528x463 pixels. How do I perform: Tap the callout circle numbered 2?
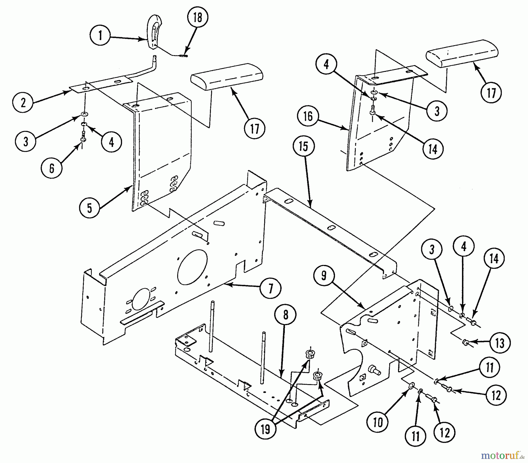tap(23, 102)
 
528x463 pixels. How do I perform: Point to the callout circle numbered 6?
tap(52, 168)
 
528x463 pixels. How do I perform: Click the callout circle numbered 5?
tap(89, 208)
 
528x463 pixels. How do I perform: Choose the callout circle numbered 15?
tap(304, 146)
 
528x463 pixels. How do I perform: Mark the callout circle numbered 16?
tap(308, 116)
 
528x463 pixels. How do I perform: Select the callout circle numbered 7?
tap(270, 288)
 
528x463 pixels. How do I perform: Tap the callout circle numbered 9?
tap(324, 276)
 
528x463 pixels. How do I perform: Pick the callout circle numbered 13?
tap(500, 343)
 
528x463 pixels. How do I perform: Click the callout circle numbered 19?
tap(265, 430)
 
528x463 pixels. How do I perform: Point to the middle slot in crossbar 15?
tap(331, 227)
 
